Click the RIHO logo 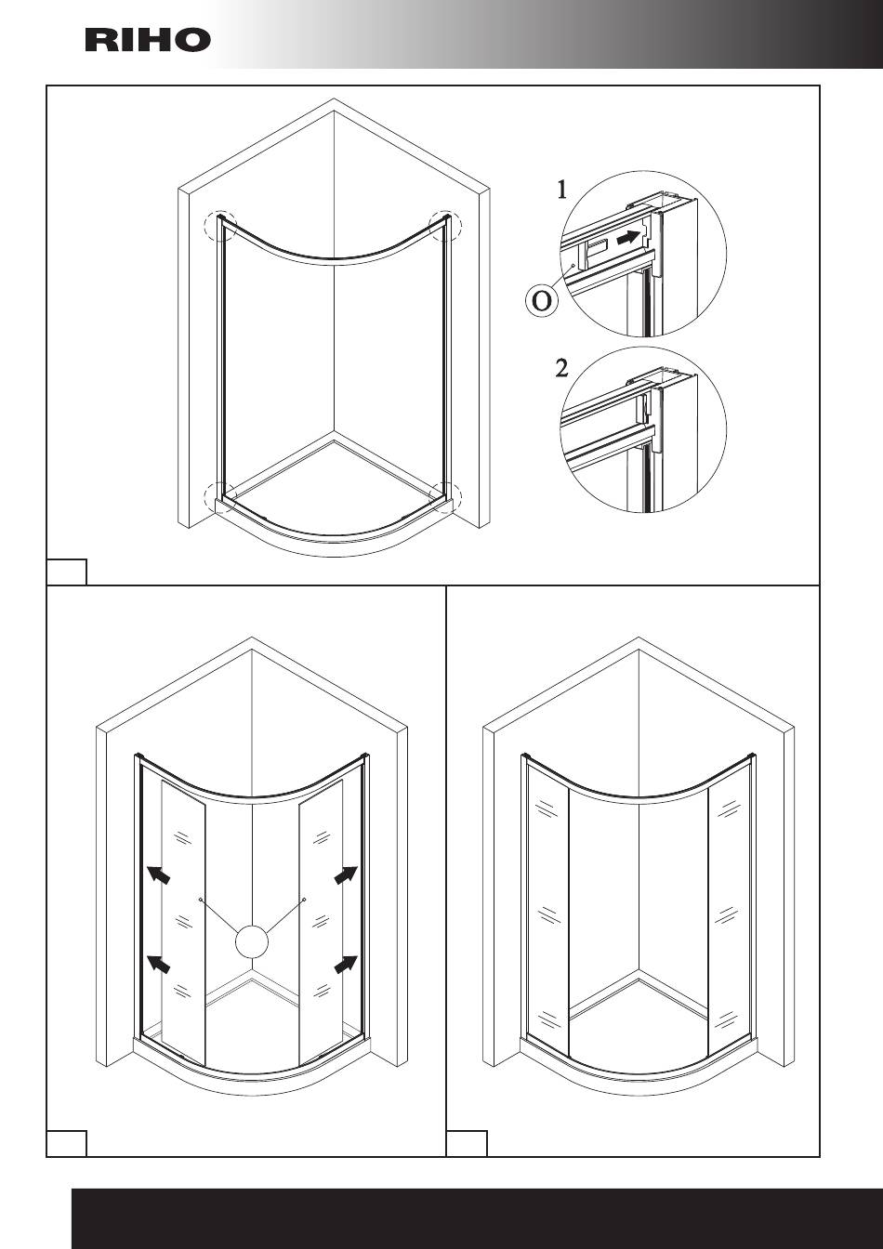point(148,40)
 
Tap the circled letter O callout point(541,302)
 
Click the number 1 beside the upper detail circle point(561,191)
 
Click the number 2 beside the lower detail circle point(561,368)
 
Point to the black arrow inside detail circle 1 point(630,238)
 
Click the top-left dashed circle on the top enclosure point(222,226)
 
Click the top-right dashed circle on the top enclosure point(445,226)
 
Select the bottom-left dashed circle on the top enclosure point(221,498)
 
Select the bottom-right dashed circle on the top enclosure point(446,498)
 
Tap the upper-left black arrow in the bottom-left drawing point(159,875)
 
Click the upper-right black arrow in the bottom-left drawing point(346,875)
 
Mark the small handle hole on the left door point(201,900)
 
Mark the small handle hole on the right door point(304,900)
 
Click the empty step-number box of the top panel point(67,572)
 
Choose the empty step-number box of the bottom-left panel point(67,1143)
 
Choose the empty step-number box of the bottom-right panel point(467,1143)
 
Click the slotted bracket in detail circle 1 point(599,245)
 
